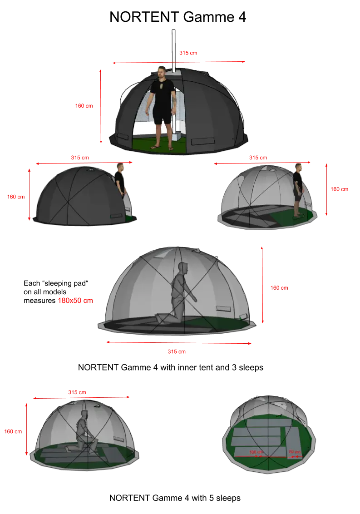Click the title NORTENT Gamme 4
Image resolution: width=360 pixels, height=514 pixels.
(x=178, y=17)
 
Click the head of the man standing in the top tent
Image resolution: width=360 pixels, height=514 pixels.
(x=161, y=73)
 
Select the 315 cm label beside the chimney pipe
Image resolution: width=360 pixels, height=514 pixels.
(x=188, y=53)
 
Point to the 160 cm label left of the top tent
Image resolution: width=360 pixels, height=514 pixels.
(x=84, y=106)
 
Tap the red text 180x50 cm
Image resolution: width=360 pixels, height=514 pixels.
(x=75, y=301)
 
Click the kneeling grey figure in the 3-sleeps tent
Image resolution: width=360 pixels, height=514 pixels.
(x=177, y=292)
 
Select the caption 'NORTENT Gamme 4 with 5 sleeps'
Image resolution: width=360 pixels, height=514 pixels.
(x=175, y=498)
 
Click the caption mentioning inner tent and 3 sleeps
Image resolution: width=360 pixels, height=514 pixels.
(x=171, y=367)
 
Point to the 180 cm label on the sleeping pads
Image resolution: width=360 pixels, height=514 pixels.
(x=256, y=452)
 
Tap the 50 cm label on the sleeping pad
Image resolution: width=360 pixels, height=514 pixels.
(x=295, y=452)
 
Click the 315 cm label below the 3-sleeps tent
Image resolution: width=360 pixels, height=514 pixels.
(x=177, y=351)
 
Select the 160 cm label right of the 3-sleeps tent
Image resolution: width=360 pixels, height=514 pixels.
(x=279, y=288)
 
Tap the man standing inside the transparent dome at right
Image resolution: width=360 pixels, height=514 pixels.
(x=298, y=190)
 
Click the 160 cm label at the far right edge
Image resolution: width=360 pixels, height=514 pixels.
(x=340, y=189)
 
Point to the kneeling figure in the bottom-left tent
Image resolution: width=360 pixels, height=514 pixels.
(x=82, y=431)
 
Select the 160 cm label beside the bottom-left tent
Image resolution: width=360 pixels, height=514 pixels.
(x=13, y=431)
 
